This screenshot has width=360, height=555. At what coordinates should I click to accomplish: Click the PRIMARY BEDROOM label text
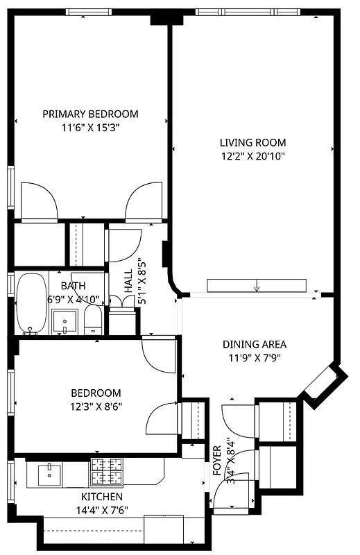[x=90, y=114]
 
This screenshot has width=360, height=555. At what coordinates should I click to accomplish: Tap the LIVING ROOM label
[x=250, y=142]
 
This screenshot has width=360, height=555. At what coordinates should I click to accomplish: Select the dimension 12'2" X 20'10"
[x=250, y=156]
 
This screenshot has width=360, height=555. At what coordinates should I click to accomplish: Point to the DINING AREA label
[x=254, y=344]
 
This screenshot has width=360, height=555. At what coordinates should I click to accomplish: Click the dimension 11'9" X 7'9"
[x=254, y=358]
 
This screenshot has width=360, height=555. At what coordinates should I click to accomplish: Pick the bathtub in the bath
[x=31, y=303]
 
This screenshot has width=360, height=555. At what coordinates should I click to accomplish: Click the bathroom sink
[x=66, y=321]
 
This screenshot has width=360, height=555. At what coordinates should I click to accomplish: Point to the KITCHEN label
[x=102, y=497]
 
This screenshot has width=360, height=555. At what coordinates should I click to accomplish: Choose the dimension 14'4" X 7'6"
[x=102, y=512]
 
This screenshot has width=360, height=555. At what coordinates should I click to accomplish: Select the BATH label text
[x=74, y=286]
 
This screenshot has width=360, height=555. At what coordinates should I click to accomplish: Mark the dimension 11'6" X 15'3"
[x=90, y=128]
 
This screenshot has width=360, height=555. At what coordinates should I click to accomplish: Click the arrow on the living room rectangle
[x=257, y=287]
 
